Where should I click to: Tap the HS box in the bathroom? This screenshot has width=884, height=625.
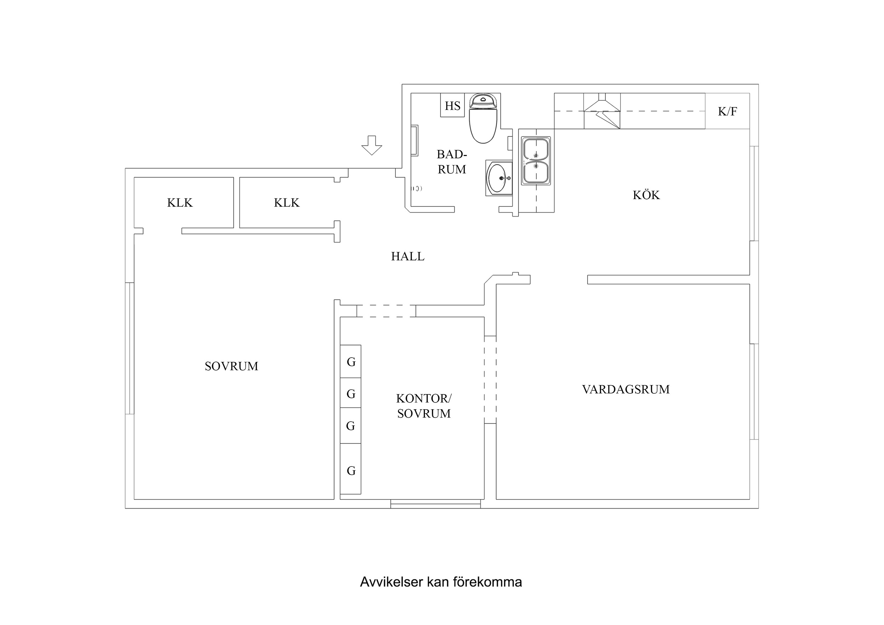click(x=452, y=105)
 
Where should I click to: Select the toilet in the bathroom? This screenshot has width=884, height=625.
click(x=483, y=120)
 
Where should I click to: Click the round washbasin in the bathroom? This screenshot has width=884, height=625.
click(x=497, y=178)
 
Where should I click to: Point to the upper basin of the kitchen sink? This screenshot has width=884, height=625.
click(x=536, y=149)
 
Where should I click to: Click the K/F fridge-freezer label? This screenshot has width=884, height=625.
click(x=727, y=111)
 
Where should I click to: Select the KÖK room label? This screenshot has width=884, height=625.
click(x=646, y=195)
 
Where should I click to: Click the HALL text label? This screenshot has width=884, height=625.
click(x=408, y=256)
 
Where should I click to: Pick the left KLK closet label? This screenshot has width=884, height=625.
click(x=180, y=203)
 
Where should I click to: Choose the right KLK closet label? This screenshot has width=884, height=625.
click(x=287, y=203)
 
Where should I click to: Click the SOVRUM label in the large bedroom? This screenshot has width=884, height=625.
click(x=231, y=366)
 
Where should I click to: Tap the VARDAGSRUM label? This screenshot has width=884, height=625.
click(x=626, y=389)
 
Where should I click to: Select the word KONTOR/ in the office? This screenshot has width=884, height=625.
click(x=424, y=398)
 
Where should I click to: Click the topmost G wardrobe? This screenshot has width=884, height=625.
click(x=351, y=361)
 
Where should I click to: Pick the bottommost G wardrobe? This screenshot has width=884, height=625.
click(x=351, y=470)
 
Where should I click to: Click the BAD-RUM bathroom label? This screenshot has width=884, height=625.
click(x=452, y=162)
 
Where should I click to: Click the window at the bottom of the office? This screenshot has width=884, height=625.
click(x=435, y=504)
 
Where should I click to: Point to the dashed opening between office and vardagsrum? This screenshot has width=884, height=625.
click(x=490, y=380)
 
